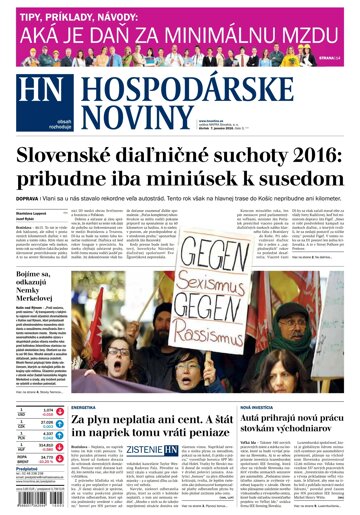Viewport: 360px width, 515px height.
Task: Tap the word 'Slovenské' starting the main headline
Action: (x=69, y=158)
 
